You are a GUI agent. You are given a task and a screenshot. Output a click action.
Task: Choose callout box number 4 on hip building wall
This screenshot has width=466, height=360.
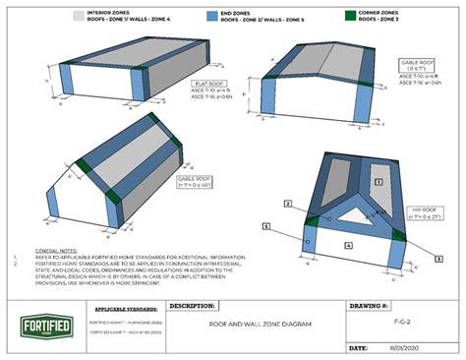pos(348,242)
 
